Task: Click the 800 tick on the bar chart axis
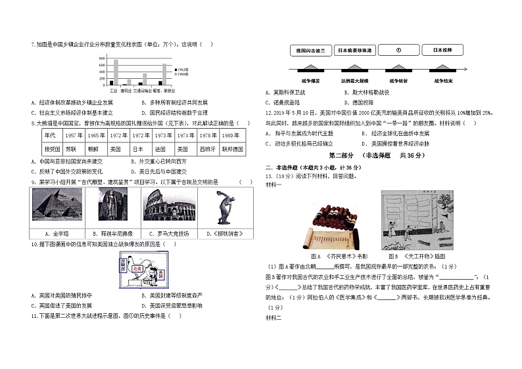coord(102,59)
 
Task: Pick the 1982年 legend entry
coord(181,69)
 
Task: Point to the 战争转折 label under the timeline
coord(397,80)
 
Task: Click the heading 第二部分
coord(343,155)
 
